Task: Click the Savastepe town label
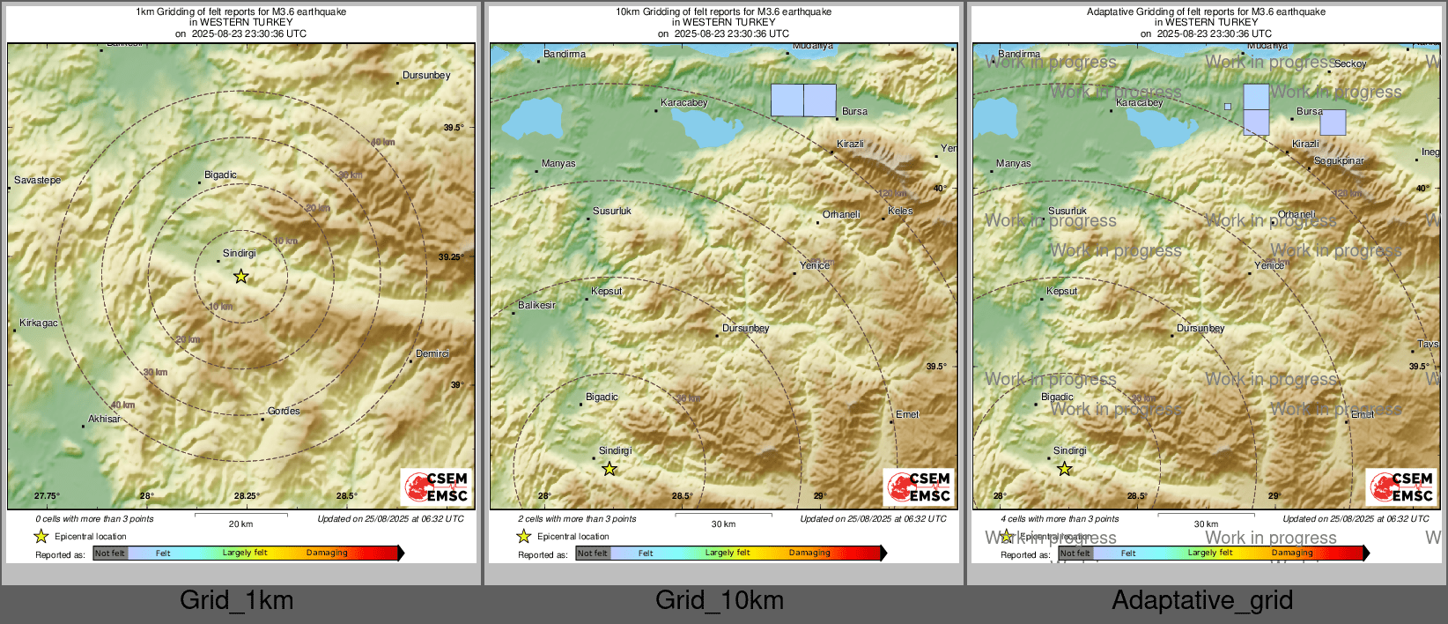pos(38,180)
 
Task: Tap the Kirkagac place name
pos(39,323)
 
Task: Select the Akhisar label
pos(104,419)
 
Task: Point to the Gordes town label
pos(284,411)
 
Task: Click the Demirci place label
pos(432,353)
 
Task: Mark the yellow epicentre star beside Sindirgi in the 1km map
pos(240,277)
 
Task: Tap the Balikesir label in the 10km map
pos(536,305)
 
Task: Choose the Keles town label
pos(900,211)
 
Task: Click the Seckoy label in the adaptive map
pos(1350,63)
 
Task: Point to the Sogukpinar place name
pos(1339,160)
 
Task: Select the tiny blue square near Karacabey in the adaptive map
pos(1228,107)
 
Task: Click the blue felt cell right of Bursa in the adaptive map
pos(1333,123)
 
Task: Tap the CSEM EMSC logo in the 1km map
pos(437,487)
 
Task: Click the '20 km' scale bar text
pos(240,524)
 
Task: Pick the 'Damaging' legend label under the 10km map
pos(809,553)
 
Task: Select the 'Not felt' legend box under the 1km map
pos(110,553)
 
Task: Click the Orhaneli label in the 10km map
pos(841,214)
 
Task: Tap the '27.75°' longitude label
pos(47,496)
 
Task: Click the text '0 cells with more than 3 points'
pos(94,519)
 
